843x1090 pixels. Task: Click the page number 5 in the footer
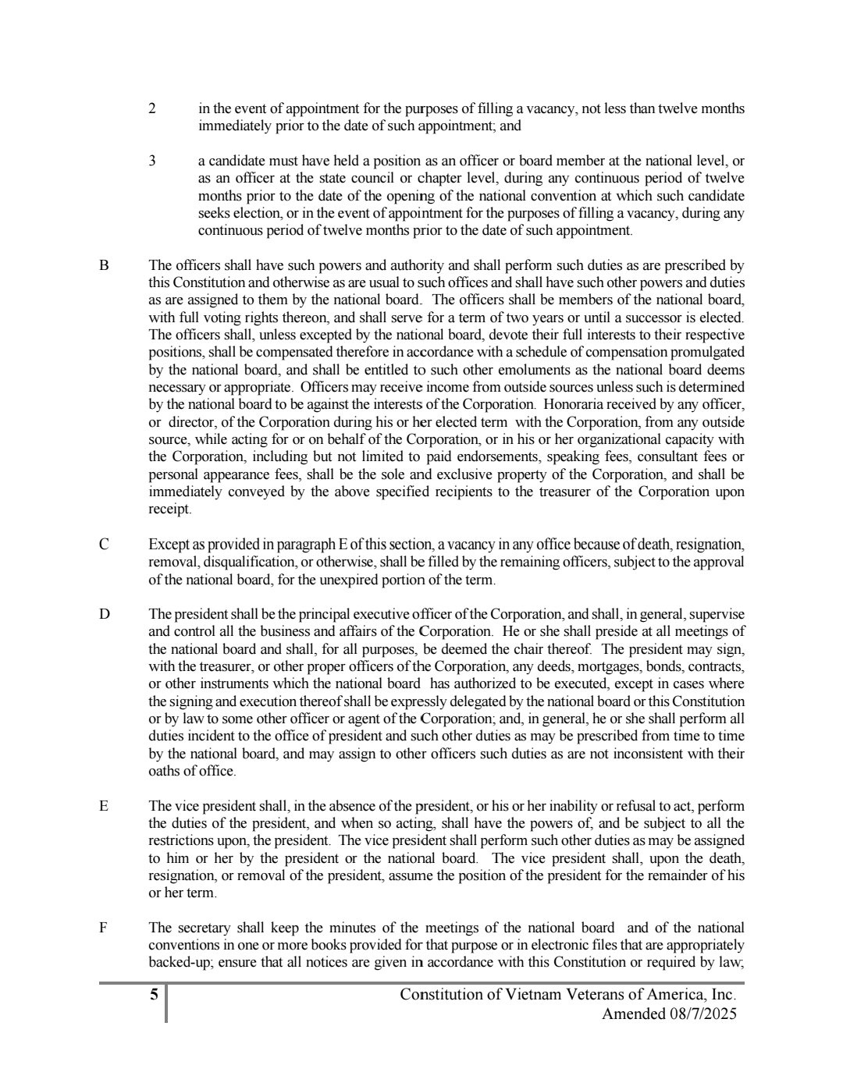[x=154, y=995]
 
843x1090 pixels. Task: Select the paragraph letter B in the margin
[x=103, y=265]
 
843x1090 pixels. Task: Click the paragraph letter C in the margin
[x=103, y=545]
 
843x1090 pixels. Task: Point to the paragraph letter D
[x=104, y=614]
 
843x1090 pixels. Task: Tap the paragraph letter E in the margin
[x=103, y=806]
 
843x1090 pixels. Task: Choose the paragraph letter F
[x=103, y=928]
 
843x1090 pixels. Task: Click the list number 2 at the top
[x=152, y=109]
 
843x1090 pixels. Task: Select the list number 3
[x=152, y=162]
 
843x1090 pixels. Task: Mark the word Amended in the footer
[x=631, y=1014]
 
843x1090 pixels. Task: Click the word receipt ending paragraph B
[x=169, y=509]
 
